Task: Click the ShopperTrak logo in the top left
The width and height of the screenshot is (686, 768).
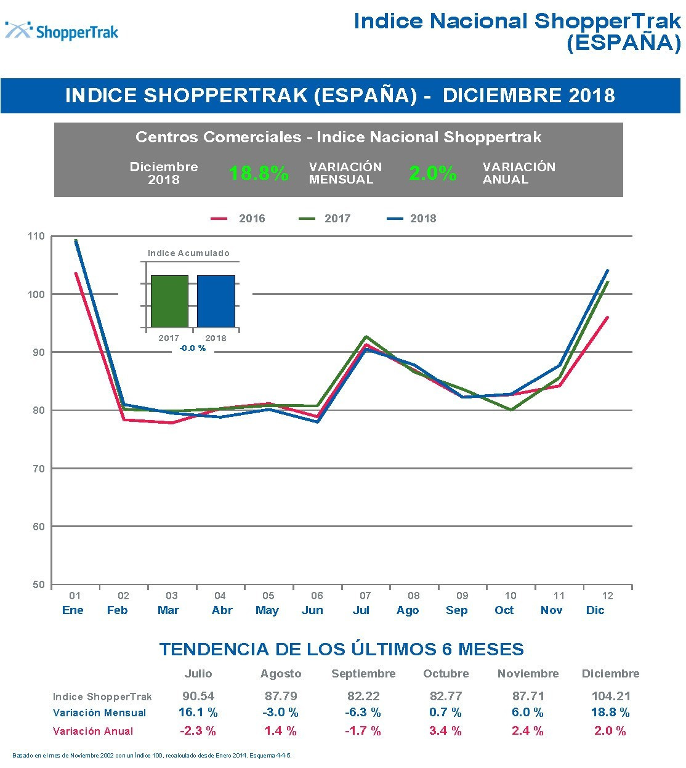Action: click(62, 31)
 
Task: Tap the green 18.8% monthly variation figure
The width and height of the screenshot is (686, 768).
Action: click(259, 174)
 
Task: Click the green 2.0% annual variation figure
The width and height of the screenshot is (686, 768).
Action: click(433, 174)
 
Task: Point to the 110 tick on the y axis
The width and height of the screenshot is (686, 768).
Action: click(36, 236)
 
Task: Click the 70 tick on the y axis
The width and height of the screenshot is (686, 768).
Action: click(36, 469)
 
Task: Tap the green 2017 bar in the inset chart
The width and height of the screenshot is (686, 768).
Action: click(169, 301)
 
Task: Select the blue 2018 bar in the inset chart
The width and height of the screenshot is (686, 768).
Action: click(216, 301)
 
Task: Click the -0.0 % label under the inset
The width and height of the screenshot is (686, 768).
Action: click(192, 349)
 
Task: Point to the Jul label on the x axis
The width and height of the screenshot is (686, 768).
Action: click(361, 610)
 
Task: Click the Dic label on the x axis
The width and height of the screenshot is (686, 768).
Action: click(595, 610)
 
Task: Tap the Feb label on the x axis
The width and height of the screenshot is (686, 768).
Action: click(118, 610)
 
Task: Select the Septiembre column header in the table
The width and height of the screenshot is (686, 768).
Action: click(363, 674)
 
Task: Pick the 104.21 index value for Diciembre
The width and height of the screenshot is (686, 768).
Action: click(611, 697)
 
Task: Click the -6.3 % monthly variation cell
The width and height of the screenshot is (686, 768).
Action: click(363, 713)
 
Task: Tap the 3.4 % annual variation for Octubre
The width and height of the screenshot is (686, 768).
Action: click(446, 731)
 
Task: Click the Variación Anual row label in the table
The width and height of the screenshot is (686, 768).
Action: click(93, 732)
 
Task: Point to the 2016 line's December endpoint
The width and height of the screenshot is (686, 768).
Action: click(608, 317)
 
